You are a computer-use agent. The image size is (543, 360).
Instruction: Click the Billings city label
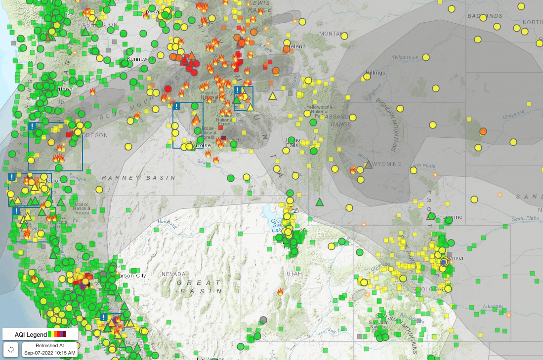(x=376, y=73)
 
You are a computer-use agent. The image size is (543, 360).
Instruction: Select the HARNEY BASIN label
(x=138, y=178)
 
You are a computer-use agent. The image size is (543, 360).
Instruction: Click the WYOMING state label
(x=388, y=164)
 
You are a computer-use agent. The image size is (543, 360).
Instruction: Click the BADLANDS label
(x=484, y=16)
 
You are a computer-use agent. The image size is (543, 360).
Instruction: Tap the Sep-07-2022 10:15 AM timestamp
(x=49, y=353)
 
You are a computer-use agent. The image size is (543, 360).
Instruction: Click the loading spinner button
(x=11, y=350)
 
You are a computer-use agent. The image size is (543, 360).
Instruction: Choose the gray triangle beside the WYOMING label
(x=368, y=164)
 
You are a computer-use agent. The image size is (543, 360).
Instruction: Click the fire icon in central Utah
(x=281, y=292)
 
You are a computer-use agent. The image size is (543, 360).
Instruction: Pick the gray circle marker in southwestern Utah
(x=263, y=320)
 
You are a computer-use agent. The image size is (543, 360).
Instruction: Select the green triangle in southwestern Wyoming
(x=320, y=201)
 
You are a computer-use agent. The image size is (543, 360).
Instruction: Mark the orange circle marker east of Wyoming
(x=483, y=131)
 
